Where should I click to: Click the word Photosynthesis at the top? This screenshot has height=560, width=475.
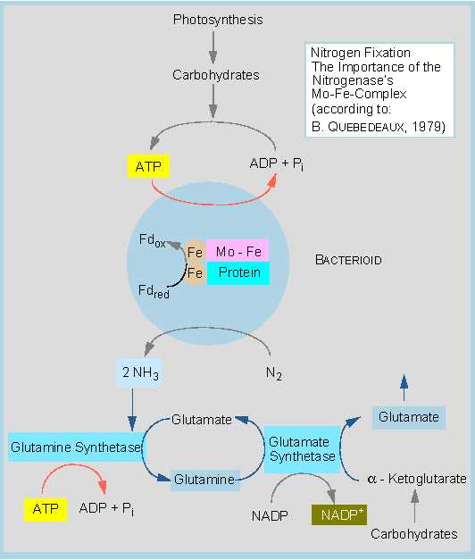[x=218, y=20]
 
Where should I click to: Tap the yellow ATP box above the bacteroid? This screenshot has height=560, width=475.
[x=148, y=166]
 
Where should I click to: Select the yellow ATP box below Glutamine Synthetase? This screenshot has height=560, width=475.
[x=46, y=510]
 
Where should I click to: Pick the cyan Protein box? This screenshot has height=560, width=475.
[x=238, y=273]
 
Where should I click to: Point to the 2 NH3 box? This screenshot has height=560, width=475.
[x=139, y=372]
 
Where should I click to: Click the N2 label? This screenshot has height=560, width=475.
[x=274, y=373]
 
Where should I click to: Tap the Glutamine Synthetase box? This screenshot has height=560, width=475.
[x=75, y=447]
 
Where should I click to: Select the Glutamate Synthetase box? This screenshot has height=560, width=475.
[x=302, y=449]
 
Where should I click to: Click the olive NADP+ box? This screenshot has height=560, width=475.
[x=339, y=515]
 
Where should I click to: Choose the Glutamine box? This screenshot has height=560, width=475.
[x=204, y=480]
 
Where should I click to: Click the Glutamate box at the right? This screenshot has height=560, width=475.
[x=409, y=417]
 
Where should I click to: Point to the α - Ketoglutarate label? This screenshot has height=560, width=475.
[x=416, y=479]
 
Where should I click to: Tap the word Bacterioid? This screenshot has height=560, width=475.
[x=348, y=260]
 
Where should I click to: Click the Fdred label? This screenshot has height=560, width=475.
[x=154, y=291]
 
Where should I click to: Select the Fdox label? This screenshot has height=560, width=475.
[x=153, y=240]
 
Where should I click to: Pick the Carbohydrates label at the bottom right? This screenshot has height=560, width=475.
[x=414, y=534]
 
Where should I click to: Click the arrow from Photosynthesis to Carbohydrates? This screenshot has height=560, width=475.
[x=213, y=47]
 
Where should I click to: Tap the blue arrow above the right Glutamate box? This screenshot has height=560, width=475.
[x=404, y=388]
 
